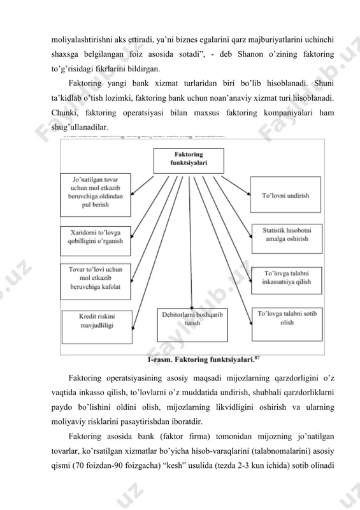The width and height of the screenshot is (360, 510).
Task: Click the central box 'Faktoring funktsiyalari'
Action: (189, 161)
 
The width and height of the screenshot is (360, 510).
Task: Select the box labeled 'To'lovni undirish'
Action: (285, 194)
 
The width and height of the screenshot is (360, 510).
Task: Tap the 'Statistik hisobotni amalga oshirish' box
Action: (287, 238)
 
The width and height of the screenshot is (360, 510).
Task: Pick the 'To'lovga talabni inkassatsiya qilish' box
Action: (287, 280)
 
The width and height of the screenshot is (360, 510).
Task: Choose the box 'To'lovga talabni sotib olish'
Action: (287, 324)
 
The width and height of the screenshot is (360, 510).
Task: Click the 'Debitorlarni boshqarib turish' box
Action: (192, 324)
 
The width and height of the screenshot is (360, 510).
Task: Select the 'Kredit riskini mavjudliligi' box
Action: (97, 327)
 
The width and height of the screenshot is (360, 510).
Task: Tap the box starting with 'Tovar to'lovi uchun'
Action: (96, 281)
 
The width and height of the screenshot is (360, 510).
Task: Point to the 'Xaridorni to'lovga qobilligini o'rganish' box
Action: (96, 241)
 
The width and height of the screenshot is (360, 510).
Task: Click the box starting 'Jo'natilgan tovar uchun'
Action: (96, 195)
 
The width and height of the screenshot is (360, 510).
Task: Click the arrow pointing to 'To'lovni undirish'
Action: (236, 186)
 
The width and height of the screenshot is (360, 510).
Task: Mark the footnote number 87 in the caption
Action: (257, 358)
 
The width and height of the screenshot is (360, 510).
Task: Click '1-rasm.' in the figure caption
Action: (158, 360)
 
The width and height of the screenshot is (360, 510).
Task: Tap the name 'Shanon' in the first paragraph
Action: (250, 54)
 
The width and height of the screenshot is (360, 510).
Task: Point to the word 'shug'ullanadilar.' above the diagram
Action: (80, 127)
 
